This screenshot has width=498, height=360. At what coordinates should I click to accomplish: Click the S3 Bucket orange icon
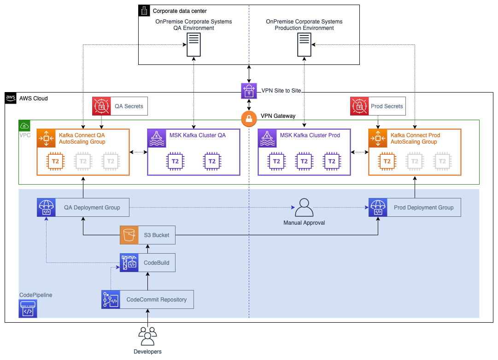click(x=129, y=235)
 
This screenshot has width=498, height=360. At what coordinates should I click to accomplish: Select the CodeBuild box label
click(x=157, y=263)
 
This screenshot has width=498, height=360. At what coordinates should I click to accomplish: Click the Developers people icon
click(x=147, y=336)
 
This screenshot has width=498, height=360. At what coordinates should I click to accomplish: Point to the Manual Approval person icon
click(x=304, y=208)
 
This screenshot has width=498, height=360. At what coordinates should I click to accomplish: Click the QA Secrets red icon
click(x=101, y=106)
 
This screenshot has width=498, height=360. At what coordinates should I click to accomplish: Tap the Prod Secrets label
click(x=387, y=106)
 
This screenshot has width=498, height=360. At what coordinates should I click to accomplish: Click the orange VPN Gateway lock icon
click(x=249, y=119)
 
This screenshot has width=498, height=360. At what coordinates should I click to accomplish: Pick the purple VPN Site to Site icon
click(x=249, y=91)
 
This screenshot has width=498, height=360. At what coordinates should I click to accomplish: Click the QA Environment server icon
click(x=193, y=45)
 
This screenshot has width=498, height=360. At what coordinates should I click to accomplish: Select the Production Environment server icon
click(x=304, y=45)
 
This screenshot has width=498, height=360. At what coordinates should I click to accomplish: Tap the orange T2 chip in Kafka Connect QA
click(x=55, y=161)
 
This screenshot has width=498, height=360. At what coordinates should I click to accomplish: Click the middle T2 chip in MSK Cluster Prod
click(x=304, y=161)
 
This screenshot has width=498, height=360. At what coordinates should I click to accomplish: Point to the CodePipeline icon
click(x=28, y=308)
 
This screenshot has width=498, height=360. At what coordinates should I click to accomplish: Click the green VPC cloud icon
click(x=24, y=126)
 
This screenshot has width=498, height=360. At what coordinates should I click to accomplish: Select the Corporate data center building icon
click(x=144, y=11)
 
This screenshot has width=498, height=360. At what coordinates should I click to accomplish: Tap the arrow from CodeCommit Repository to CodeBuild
click(x=147, y=281)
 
